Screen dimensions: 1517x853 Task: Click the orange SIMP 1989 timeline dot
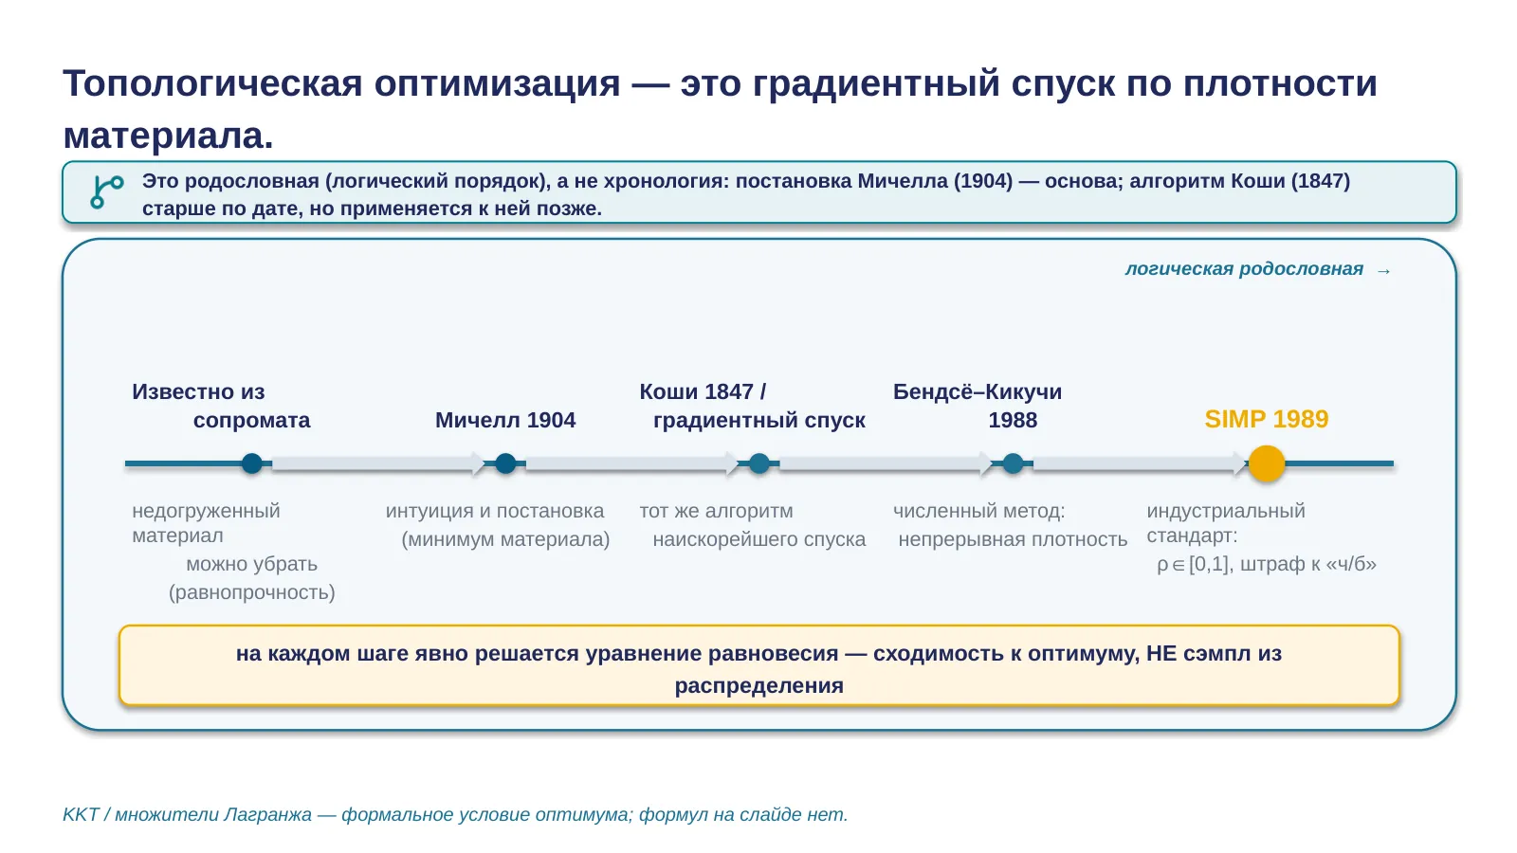[x=1267, y=463]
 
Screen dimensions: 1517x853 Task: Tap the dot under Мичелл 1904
[x=505, y=463]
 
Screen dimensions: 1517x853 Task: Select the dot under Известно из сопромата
[x=252, y=463]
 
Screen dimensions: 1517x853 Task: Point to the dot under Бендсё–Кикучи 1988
[x=1013, y=463]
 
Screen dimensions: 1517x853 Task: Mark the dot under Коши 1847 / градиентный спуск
[x=759, y=463]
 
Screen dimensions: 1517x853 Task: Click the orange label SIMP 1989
[x=1267, y=419]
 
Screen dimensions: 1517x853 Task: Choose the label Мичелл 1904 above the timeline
[x=505, y=420]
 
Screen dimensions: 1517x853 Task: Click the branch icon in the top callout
[x=107, y=191]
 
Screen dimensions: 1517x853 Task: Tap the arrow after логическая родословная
[x=1383, y=271]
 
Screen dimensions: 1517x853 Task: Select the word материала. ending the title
[x=168, y=136]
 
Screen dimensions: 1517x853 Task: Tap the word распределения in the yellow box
[x=759, y=686]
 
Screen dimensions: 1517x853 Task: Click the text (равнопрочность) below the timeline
[x=252, y=592]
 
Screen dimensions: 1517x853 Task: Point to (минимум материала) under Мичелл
[x=505, y=539]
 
